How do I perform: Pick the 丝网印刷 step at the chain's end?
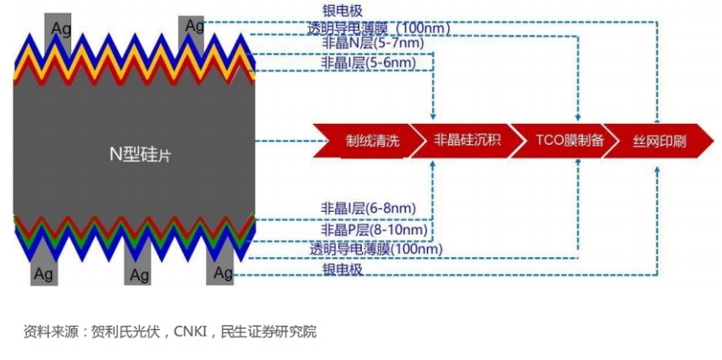point(658,141)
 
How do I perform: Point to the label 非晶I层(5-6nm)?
point(369,63)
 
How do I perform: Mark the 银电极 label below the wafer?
point(343,269)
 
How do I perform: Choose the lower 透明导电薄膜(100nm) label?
point(376,249)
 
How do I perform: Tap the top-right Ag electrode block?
point(193,27)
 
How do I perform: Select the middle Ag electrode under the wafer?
point(139,272)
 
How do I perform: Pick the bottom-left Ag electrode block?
point(44,271)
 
